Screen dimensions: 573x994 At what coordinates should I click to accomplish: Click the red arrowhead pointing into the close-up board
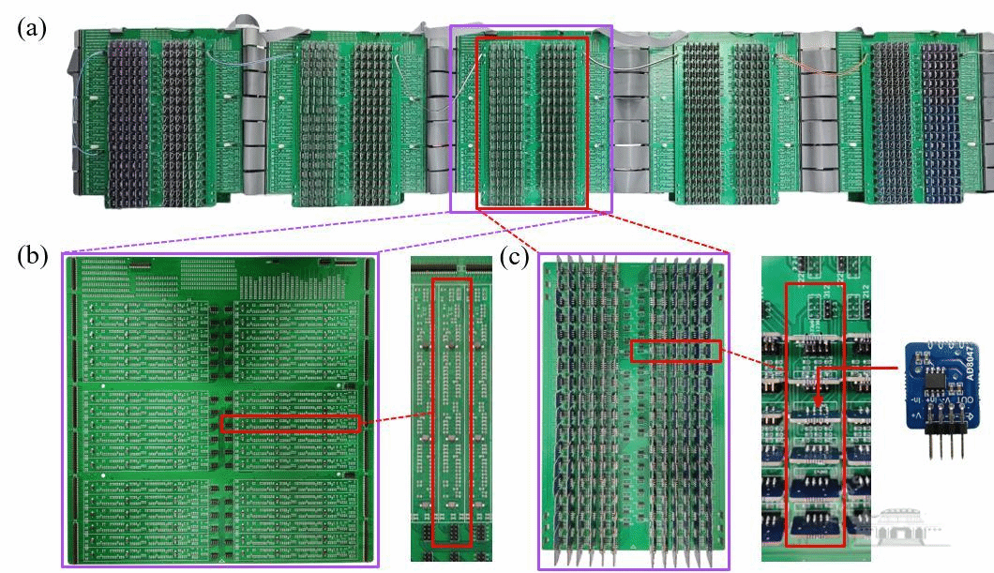(x=818, y=405)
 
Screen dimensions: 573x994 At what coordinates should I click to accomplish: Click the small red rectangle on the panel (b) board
(x=291, y=424)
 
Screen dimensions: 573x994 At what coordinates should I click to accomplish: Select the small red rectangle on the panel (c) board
(x=676, y=352)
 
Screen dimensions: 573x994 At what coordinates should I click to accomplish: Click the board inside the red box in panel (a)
(x=532, y=122)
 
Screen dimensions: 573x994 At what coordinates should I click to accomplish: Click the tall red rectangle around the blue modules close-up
(x=814, y=413)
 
